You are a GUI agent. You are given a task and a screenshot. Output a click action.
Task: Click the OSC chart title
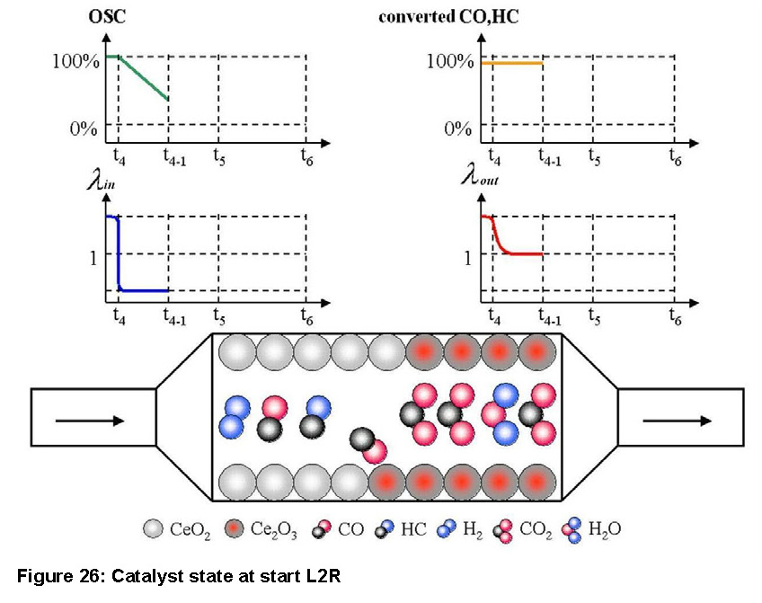click(x=107, y=16)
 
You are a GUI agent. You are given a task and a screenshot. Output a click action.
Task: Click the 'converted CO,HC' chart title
click(x=448, y=16)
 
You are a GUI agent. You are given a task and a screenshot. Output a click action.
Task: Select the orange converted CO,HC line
click(x=511, y=63)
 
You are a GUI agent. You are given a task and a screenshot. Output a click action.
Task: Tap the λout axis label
click(x=480, y=176)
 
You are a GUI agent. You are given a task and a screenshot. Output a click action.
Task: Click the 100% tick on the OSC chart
click(x=75, y=61)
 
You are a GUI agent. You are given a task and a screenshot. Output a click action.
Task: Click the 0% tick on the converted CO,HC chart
click(x=457, y=129)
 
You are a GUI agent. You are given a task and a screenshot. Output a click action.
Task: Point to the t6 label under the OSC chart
click(x=306, y=157)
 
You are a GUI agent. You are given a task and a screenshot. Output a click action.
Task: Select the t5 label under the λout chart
click(x=594, y=316)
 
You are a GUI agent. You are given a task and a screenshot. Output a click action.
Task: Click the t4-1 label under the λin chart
click(x=174, y=317)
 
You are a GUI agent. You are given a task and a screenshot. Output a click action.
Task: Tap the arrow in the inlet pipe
click(x=91, y=421)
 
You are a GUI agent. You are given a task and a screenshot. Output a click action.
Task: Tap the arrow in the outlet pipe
click(x=677, y=421)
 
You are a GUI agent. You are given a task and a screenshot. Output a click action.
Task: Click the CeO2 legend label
click(x=190, y=529)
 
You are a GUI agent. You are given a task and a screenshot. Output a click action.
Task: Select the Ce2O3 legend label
click(x=273, y=529)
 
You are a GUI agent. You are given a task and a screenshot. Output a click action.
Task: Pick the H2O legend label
click(x=605, y=528)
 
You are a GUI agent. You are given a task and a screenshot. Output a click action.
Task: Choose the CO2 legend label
click(x=536, y=529)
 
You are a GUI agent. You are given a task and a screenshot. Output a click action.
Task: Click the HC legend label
click(x=413, y=528)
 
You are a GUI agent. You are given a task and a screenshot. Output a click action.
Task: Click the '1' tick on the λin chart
click(x=93, y=258)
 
